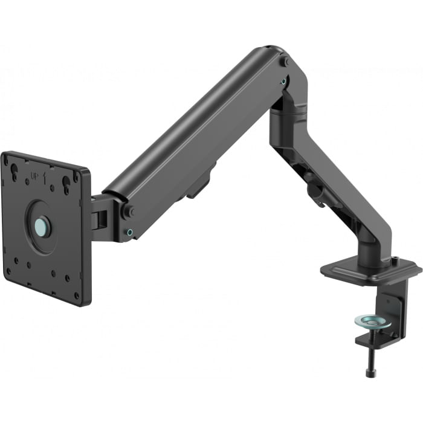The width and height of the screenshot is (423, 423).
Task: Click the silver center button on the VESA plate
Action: (x=41, y=227)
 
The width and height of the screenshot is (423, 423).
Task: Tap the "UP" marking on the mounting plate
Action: (x=35, y=176)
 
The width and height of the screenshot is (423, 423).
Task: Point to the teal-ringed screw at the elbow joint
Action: (x=283, y=79)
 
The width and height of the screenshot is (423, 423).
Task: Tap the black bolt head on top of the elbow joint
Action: (x=283, y=61)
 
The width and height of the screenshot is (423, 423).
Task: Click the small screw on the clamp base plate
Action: (x=395, y=261)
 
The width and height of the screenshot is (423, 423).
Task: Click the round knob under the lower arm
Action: (x=314, y=193)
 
